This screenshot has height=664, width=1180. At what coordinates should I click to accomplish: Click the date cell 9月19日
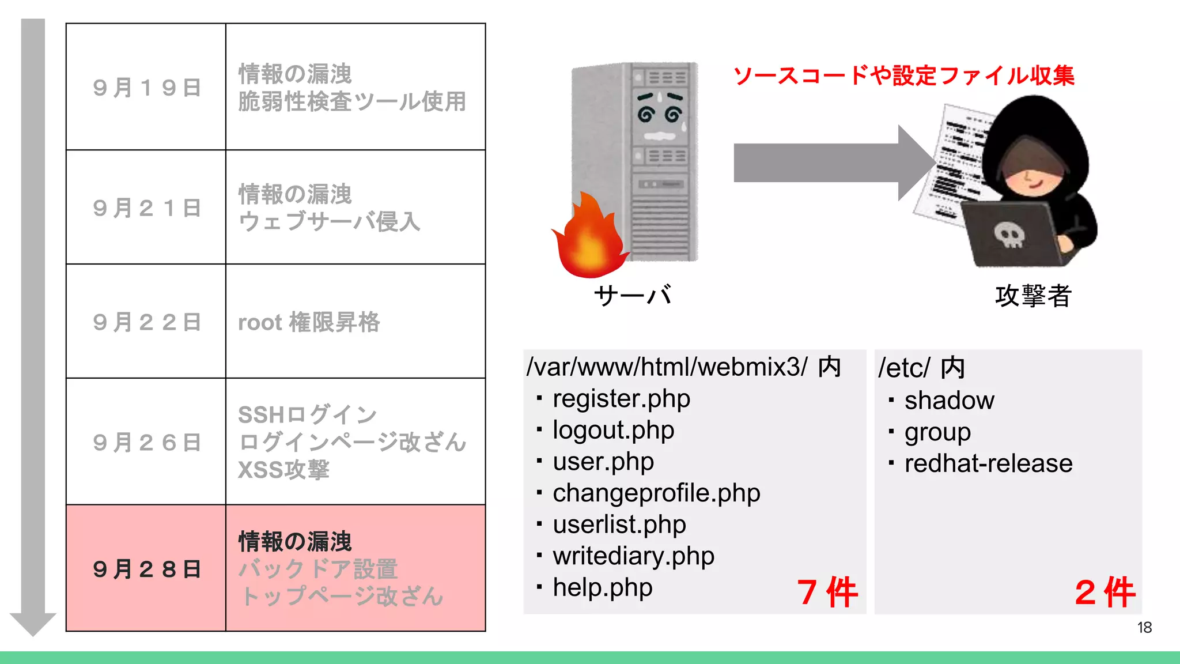click(x=146, y=88)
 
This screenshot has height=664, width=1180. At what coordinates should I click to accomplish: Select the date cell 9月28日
click(x=146, y=569)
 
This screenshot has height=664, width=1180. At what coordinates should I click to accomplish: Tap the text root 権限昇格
click(x=309, y=322)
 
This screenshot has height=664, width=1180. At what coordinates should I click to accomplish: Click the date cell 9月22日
click(x=146, y=322)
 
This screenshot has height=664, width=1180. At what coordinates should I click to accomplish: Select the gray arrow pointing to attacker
click(x=830, y=163)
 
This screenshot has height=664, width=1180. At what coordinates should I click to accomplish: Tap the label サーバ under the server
click(x=633, y=296)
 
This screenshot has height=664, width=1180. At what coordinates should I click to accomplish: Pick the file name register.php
click(x=621, y=399)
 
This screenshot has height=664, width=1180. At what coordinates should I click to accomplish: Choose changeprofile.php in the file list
click(x=656, y=493)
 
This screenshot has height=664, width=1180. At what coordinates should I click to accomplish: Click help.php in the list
click(x=602, y=588)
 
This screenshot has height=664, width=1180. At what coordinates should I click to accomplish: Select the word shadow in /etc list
click(x=949, y=401)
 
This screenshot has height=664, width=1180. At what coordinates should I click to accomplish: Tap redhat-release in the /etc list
click(x=988, y=463)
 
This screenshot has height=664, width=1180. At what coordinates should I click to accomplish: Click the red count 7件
click(x=827, y=592)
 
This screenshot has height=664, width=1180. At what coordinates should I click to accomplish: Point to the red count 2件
click(x=1105, y=592)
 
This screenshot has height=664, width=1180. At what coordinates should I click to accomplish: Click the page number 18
click(x=1144, y=628)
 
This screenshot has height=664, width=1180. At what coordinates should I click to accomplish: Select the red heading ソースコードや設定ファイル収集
click(x=903, y=76)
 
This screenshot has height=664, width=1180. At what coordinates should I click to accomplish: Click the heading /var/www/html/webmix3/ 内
click(x=684, y=367)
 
